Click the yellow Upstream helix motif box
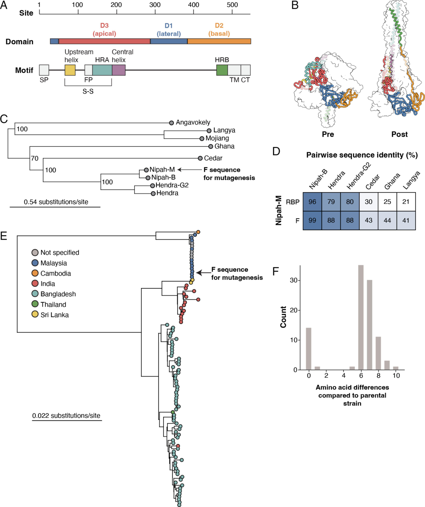[x=70, y=70]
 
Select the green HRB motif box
[x=222, y=70]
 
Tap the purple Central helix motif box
[x=119, y=70]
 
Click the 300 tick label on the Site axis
[x=155, y=5]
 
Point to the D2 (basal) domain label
[x=219, y=29]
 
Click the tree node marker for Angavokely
[x=171, y=123]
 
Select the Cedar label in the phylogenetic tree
[x=213, y=158]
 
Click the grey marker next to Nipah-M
[x=146, y=170]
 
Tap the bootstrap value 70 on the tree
[x=34, y=158]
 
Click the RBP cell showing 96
[x=312, y=202]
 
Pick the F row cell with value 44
[x=387, y=220]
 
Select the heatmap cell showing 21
[x=406, y=202]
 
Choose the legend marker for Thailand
[x=35, y=304]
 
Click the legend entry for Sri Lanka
[x=54, y=315]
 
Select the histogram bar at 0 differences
[x=308, y=349]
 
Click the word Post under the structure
[x=399, y=134]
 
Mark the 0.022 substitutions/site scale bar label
[x=66, y=416]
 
